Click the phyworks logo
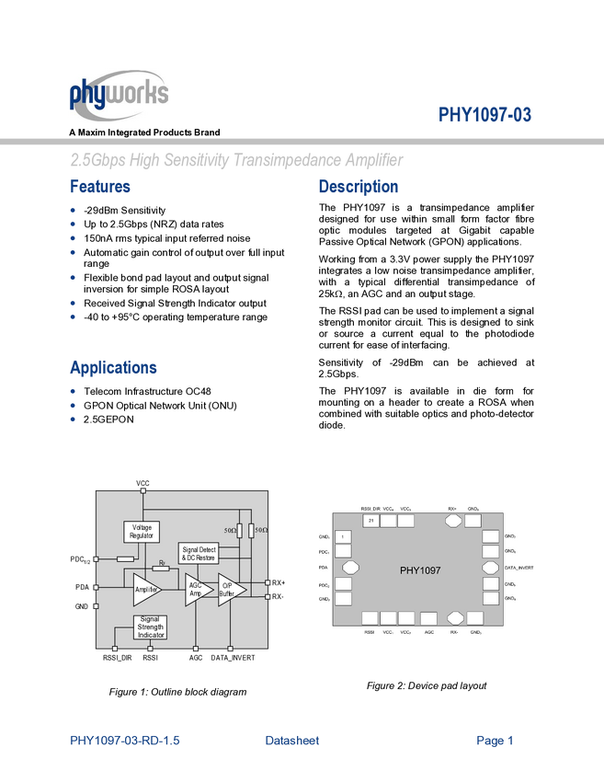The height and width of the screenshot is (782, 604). click(119, 96)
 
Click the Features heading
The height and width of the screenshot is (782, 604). click(100, 187)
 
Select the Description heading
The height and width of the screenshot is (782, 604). click(359, 187)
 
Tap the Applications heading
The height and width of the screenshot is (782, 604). click(114, 367)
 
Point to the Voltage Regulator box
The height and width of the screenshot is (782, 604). click(141, 532)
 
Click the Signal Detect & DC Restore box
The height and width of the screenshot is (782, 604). click(199, 554)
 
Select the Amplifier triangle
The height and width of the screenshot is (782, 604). click(146, 588)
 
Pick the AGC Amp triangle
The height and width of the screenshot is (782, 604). click(198, 589)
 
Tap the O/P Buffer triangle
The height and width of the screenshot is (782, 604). click(230, 589)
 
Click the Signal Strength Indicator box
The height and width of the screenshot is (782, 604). click(150, 627)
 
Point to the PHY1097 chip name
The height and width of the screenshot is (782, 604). click(420, 570)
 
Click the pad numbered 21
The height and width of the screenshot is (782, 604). click(370, 521)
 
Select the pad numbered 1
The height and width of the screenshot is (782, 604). click(343, 536)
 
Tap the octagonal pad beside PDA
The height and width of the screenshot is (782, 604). click(350, 569)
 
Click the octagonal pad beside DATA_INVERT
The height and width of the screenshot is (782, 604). click(491, 569)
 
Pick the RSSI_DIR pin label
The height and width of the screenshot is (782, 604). click(370, 509)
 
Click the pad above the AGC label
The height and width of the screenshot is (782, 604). click(428, 618)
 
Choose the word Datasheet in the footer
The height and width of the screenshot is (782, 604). click(292, 740)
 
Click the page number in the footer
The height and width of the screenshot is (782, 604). click(496, 740)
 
